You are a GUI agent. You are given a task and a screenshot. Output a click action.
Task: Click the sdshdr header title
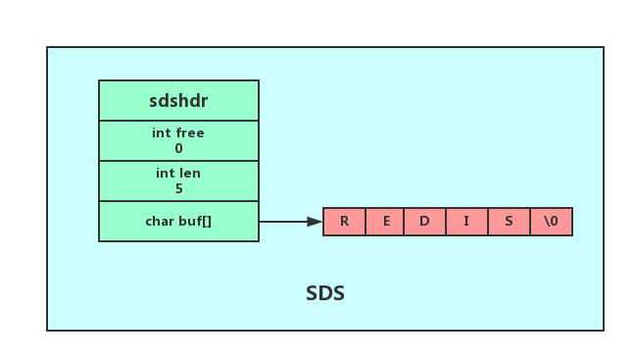[x=178, y=101]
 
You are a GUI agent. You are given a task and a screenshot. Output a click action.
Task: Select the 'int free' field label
[x=178, y=133]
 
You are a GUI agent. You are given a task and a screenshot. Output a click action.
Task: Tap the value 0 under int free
[x=178, y=148]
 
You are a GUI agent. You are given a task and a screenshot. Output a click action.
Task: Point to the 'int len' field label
[x=178, y=173]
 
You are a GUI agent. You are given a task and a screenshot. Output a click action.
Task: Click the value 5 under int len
[x=178, y=188]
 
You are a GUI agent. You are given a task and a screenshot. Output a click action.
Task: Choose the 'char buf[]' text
[x=178, y=222]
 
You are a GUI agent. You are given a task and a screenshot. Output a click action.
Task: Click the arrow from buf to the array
[x=291, y=222]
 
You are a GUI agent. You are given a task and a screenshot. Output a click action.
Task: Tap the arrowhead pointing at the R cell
[x=315, y=222]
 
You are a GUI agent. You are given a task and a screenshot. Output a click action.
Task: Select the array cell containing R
[x=344, y=222]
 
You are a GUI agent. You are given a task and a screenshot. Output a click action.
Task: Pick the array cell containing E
[x=385, y=222]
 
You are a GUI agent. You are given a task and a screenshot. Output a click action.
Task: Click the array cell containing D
[x=425, y=222]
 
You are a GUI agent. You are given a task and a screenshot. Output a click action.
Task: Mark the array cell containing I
[x=466, y=222]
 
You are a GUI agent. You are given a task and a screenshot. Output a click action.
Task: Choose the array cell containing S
[x=509, y=222]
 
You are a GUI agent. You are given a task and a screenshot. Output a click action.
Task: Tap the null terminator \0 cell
[x=551, y=222]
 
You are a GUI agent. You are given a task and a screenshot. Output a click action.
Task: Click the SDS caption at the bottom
[x=325, y=293]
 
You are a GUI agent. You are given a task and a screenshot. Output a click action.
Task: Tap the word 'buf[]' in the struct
[x=195, y=222]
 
